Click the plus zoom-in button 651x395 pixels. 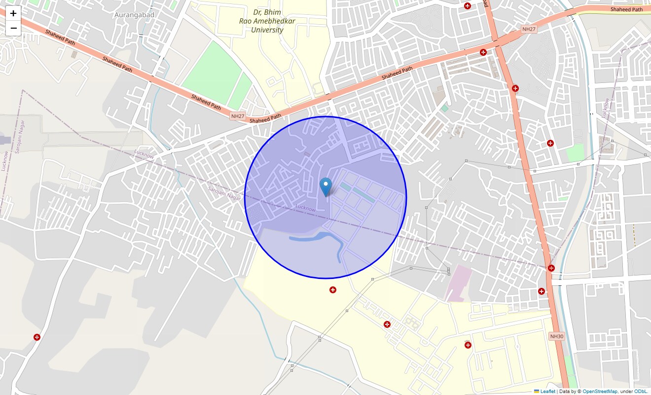pos(13,13)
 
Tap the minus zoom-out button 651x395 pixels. pos(13,28)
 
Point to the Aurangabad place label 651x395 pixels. pos(134,15)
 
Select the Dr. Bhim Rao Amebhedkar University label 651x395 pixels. pos(261,21)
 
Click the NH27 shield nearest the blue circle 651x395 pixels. pos(238,116)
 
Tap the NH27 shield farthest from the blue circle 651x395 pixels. pos(529,30)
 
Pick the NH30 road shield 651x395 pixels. pos(556,336)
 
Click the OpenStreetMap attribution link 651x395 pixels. pos(599,392)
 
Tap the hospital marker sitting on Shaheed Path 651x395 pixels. pos(483,52)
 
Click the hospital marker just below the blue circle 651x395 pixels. pos(333,290)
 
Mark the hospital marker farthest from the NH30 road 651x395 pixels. pos(37,337)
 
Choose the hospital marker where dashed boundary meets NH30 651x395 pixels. pos(551,268)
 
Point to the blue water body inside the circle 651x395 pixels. pos(316,239)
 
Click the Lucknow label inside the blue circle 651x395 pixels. pos(305,208)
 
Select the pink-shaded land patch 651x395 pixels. pos(459,282)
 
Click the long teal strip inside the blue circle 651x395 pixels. pos(363,193)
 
